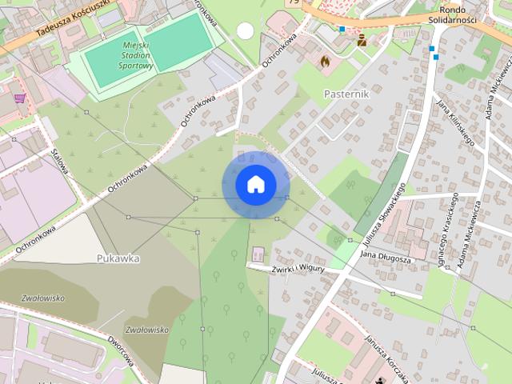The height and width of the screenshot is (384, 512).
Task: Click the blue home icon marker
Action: (x=255, y=184)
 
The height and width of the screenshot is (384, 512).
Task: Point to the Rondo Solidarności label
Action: (x=474, y=13)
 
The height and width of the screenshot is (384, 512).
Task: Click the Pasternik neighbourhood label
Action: (x=346, y=93)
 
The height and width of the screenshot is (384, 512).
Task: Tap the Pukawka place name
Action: (x=118, y=258)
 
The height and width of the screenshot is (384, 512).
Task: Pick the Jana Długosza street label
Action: (x=386, y=258)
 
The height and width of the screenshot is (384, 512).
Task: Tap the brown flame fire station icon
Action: (x=325, y=59)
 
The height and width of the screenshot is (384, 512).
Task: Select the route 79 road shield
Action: (x=293, y=3)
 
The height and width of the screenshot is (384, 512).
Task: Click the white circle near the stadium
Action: (x=245, y=31)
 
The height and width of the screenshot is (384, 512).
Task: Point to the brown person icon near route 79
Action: (x=362, y=40)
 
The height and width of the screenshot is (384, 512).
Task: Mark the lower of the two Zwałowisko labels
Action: (x=147, y=329)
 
